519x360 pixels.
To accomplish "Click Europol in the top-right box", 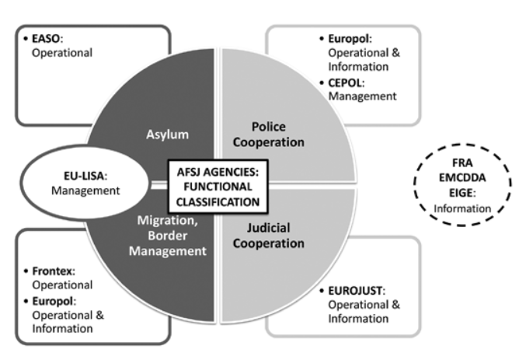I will pyautogui.click(x=346, y=38).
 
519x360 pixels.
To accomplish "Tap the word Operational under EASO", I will pyautogui.click(x=61, y=52).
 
